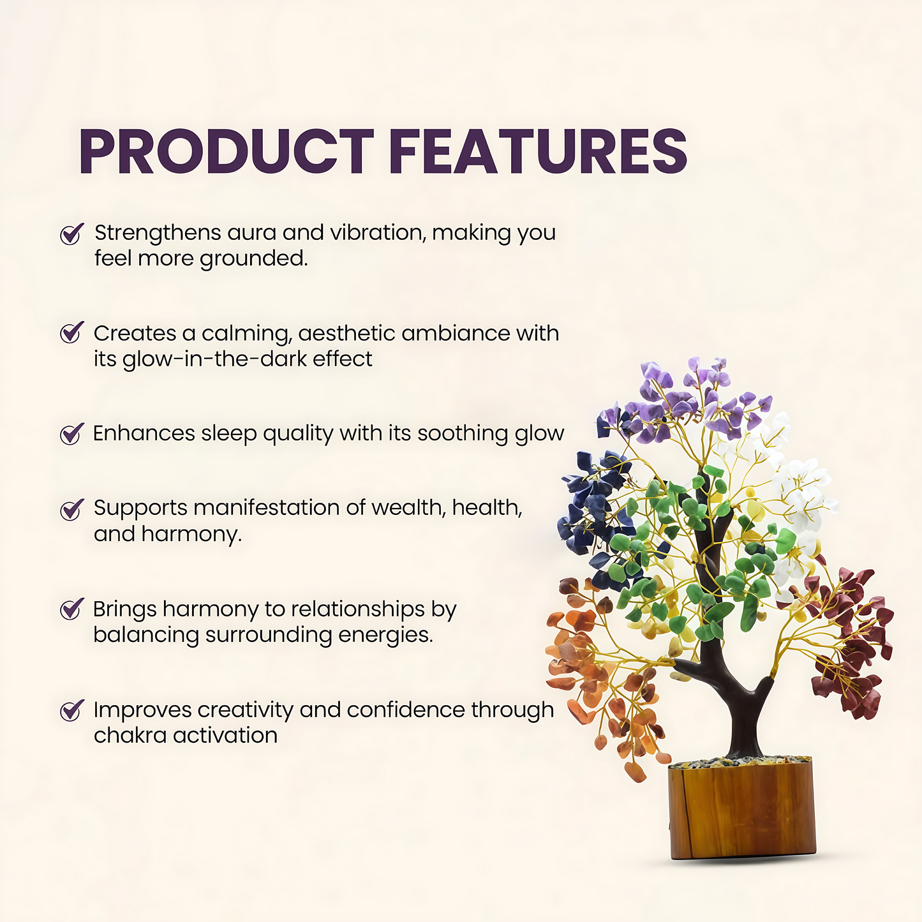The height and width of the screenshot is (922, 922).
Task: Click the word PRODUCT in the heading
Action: pos(227,151)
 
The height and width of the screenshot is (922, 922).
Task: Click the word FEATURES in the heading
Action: pos(539,151)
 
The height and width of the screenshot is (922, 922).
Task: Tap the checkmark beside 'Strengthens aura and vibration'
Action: pos(71,234)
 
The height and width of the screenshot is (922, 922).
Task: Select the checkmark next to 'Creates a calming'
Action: pos(71,332)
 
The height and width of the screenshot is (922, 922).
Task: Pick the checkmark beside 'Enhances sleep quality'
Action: pos(71,434)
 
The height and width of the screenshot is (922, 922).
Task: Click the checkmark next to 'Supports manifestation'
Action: pos(71,510)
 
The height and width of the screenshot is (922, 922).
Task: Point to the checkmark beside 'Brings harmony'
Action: pos(71,609)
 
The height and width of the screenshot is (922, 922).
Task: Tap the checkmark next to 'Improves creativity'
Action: pos(71,711)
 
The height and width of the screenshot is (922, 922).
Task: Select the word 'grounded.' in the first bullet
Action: pos(253,259)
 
